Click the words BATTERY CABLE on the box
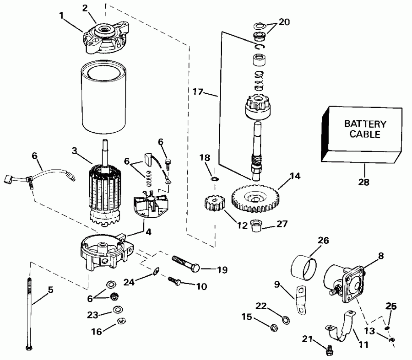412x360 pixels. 365,129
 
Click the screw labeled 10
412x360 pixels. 175,281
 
